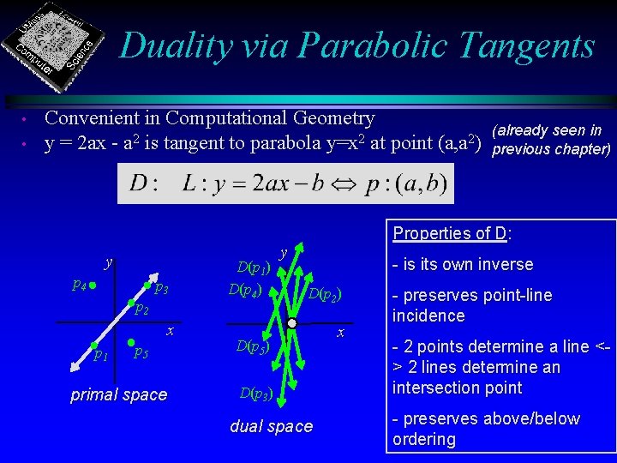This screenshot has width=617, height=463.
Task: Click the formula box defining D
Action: click(285, 183)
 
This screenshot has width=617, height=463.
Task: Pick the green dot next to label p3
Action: click(147, 286)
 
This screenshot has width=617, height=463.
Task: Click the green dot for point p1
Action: click(94, 346)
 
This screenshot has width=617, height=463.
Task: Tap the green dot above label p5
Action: click(130, 343)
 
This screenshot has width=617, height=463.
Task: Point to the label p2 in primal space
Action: click(142, 310)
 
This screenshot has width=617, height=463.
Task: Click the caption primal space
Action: click(119, 394)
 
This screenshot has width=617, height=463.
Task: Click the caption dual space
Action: click(272, 426)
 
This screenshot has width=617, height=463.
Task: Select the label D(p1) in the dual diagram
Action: click(254, 269)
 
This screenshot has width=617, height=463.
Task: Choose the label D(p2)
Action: click(326, 295)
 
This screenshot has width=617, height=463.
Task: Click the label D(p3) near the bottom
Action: click(256, 394)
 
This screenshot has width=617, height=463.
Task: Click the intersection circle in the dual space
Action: click(291, 324)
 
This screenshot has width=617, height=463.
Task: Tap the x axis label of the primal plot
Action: click(171, 331)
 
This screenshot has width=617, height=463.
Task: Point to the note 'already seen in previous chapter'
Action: click(548, 139)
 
